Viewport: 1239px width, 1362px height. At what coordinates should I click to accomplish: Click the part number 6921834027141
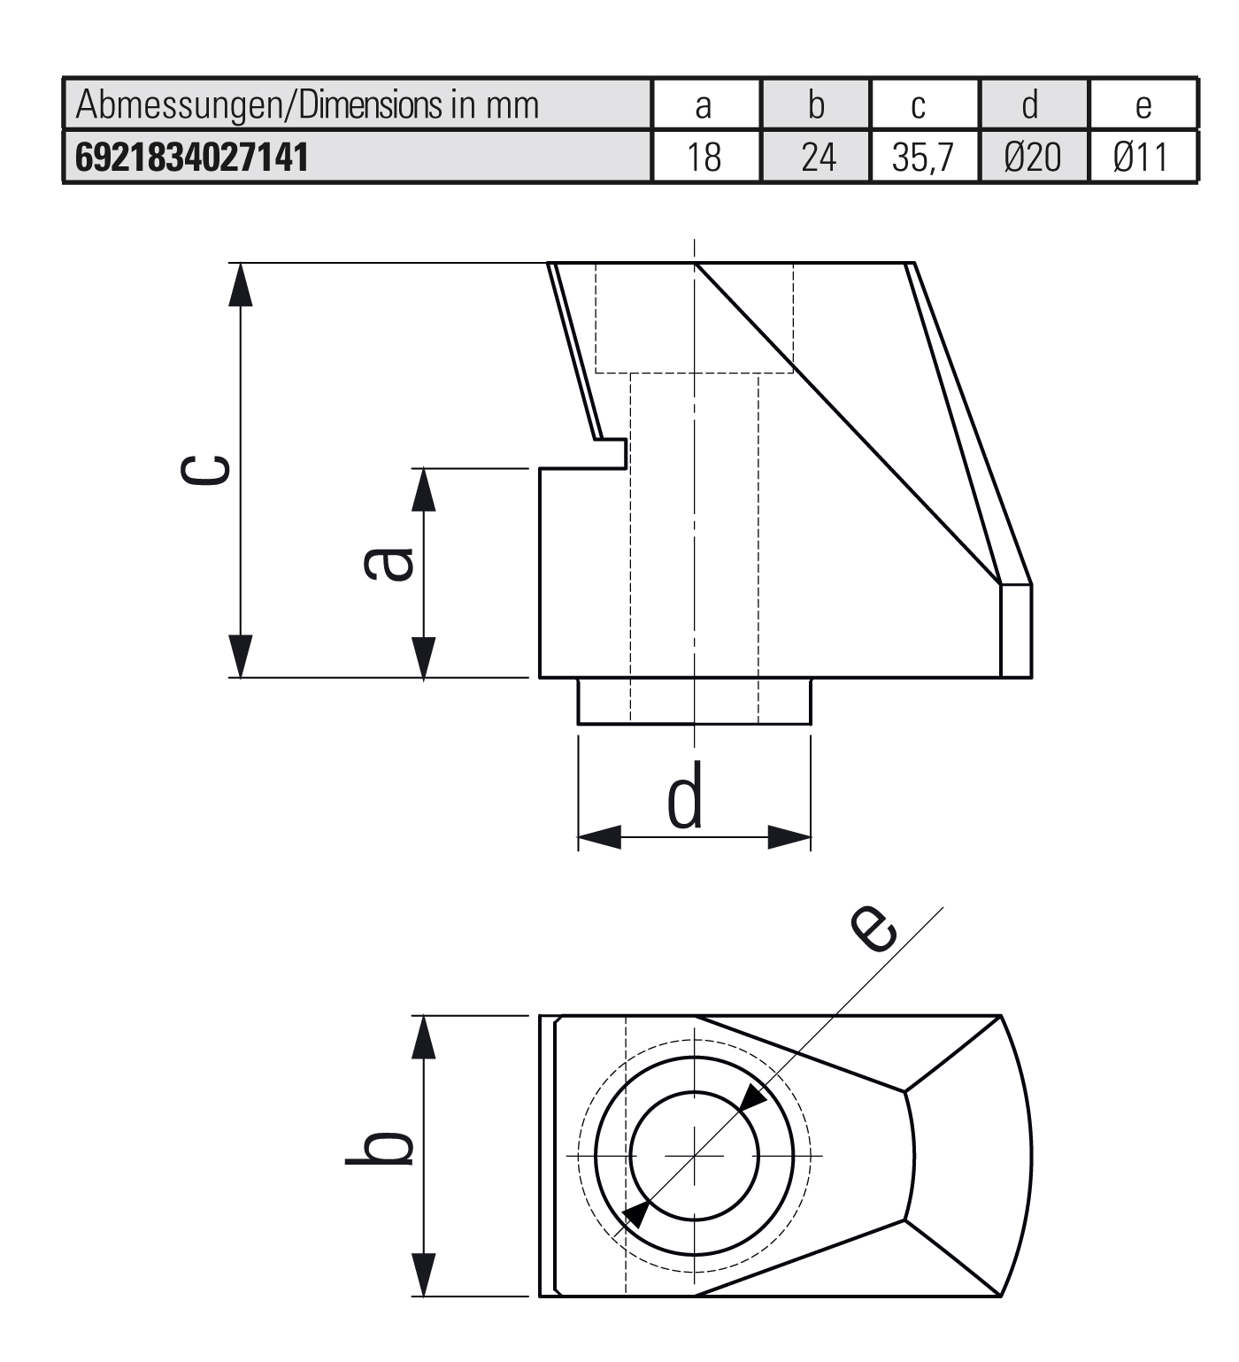[x=192, y=158]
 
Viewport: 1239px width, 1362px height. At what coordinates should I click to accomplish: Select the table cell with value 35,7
[x=923, y=158]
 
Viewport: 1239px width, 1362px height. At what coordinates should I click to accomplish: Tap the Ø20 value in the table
[x=1033, y=158]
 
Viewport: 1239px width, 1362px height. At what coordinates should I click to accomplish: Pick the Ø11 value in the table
[x=1142, y=158]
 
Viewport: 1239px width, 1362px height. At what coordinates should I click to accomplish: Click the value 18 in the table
[x=704, y=158]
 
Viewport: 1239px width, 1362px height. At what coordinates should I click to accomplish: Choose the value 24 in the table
[x=816, y=158]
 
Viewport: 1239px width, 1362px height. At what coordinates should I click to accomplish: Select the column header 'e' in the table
[x=1143, y=105]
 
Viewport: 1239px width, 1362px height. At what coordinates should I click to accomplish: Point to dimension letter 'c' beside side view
[x=205, y=470]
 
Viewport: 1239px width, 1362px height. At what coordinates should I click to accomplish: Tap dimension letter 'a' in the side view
[x=389, y=564]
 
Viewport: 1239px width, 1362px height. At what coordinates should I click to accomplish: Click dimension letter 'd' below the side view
[x=685, y=795]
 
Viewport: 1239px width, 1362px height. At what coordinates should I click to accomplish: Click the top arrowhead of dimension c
[x=240, y=284]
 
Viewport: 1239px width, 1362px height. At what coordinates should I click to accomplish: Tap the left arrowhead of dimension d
[x=599, y=837]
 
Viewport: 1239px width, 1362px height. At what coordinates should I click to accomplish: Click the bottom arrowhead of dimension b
[x=424, y=1275]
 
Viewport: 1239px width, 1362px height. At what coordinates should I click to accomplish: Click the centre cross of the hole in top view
[x=695, y=1156]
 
